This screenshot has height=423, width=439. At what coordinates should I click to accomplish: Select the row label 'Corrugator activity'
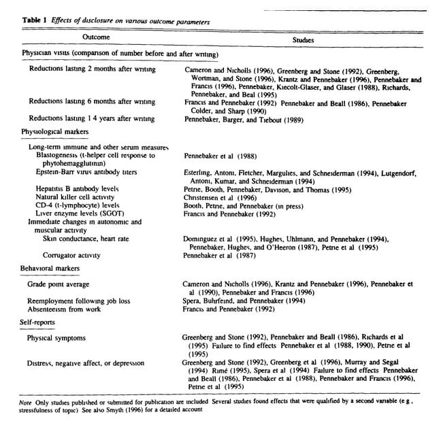71,255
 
